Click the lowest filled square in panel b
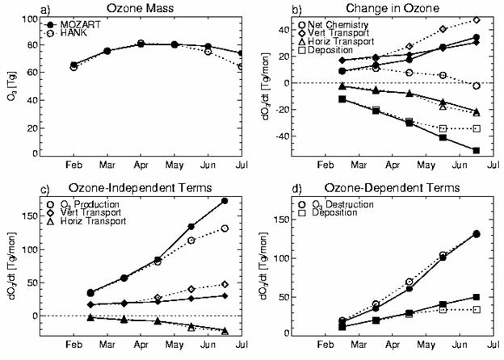click(476, 151)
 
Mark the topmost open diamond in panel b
click(476, 19)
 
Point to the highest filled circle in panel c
click(225, 201)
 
